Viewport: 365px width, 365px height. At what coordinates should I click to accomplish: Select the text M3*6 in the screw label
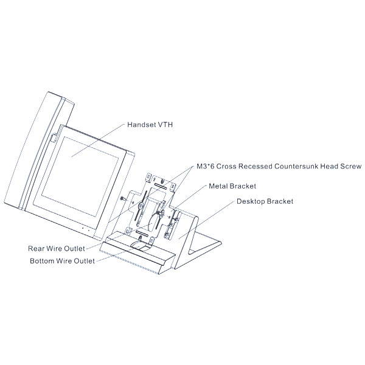207,165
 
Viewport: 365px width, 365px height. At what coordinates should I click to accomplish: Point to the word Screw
351,165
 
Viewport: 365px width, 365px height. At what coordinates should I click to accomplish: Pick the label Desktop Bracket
265,201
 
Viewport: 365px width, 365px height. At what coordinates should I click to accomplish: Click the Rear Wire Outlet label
57,249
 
